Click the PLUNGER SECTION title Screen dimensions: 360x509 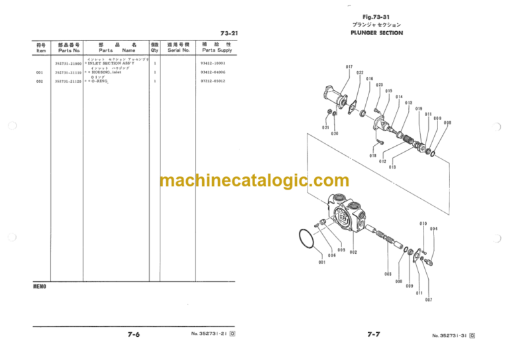point(376,32)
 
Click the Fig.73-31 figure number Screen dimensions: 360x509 point(377,17)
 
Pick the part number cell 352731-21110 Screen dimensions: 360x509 point(68,72)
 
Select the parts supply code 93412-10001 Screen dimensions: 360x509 point(217,63)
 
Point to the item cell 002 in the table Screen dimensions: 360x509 point(40,81)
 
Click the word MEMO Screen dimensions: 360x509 point(40,288)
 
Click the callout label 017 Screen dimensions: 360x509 point(349,67)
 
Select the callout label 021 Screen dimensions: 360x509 point(325,127)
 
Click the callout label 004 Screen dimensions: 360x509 point(433,229)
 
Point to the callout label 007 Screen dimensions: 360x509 point(429,299)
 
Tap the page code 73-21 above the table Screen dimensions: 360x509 point(229,33)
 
